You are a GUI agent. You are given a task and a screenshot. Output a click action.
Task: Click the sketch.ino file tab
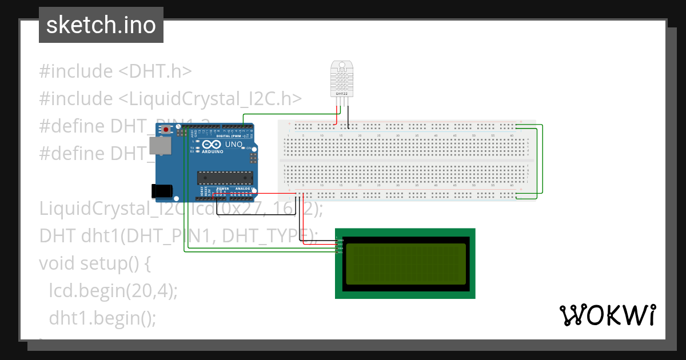[101, 25]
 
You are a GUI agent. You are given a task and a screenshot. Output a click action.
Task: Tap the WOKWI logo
[607, 315]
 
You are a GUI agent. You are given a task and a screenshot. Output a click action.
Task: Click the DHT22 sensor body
[342, 77]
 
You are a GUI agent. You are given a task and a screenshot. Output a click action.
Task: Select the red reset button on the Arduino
[166, 130]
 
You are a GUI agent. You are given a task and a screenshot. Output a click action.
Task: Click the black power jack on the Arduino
[162, 190]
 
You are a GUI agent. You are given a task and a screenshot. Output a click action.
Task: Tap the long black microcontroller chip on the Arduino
[225, 178]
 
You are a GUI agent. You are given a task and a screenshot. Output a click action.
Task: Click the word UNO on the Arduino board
[232, 145]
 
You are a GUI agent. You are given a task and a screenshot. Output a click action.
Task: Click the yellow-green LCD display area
[405, 263]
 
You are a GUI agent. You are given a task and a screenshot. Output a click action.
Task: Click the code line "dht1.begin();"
[102, 317]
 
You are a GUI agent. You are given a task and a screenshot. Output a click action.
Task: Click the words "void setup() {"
[94, 263]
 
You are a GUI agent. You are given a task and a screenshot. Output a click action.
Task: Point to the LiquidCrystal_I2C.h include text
[170, 99]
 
